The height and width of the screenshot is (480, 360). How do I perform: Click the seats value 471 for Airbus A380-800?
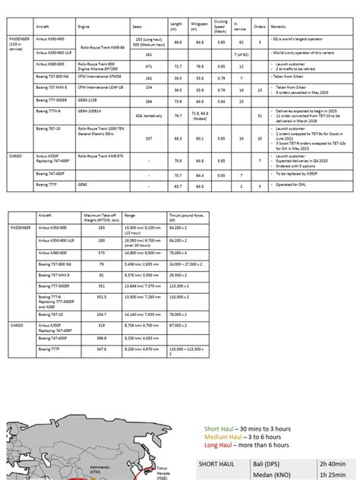[x=149, y=67]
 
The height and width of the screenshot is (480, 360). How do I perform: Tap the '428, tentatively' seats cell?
[x=148, y=115]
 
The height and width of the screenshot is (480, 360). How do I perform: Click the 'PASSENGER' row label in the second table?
[x=21, y=227]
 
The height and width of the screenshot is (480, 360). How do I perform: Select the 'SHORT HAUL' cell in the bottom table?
[x=221, y=463]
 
